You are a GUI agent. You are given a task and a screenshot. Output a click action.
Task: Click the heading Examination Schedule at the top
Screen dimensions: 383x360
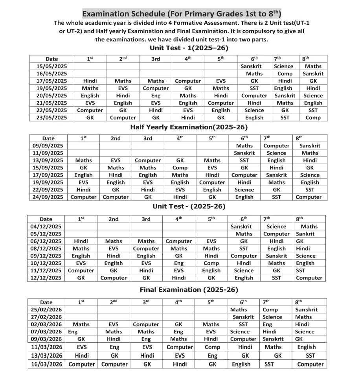182,13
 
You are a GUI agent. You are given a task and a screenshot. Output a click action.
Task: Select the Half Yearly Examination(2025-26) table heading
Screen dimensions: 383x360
189,127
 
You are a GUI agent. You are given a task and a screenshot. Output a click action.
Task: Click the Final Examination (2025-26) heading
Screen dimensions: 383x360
189,290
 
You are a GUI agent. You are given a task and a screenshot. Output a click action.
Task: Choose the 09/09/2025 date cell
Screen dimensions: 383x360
48,146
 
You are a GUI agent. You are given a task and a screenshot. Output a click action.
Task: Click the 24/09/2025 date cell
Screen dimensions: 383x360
48,197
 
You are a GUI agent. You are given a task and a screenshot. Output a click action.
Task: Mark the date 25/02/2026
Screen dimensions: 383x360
46,309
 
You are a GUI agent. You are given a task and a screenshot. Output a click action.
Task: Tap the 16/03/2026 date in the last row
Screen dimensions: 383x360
46,364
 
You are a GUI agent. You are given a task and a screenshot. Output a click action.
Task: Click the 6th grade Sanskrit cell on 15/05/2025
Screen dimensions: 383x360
251,66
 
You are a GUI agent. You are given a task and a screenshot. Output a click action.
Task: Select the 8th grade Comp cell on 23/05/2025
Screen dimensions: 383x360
313,118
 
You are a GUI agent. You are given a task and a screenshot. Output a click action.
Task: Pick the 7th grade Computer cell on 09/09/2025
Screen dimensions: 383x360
276,146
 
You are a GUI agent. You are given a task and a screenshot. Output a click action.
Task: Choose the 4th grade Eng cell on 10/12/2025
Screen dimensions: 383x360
179,263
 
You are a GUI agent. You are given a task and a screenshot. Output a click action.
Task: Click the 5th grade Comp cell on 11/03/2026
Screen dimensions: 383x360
213,347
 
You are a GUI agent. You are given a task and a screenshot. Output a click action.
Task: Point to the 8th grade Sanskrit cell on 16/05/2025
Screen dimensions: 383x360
313,74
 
